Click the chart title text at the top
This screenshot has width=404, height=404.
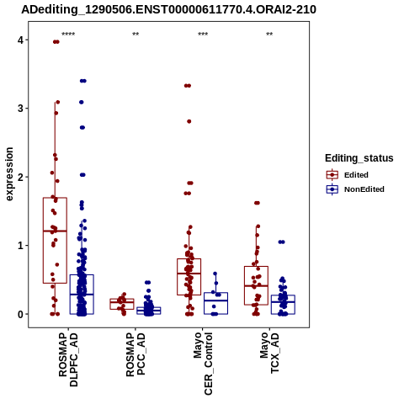168,10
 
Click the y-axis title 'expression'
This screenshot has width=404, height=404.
9,174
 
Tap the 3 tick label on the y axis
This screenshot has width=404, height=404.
20,109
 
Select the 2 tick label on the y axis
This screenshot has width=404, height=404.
20,177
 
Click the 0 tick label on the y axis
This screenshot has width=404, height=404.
20,314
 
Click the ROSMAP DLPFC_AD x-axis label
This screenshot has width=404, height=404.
68,359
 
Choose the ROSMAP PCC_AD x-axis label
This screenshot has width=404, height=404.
136,354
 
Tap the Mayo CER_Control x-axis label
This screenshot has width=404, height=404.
203,364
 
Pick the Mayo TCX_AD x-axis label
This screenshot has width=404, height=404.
269,353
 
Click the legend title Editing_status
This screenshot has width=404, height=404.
359,158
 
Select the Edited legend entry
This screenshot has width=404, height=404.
348,175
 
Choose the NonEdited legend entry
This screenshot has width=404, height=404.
355,189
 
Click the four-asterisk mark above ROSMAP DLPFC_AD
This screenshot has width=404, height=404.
68,35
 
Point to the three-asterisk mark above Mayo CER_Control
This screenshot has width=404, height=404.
203,35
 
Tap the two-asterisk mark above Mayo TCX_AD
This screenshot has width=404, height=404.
269,35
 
